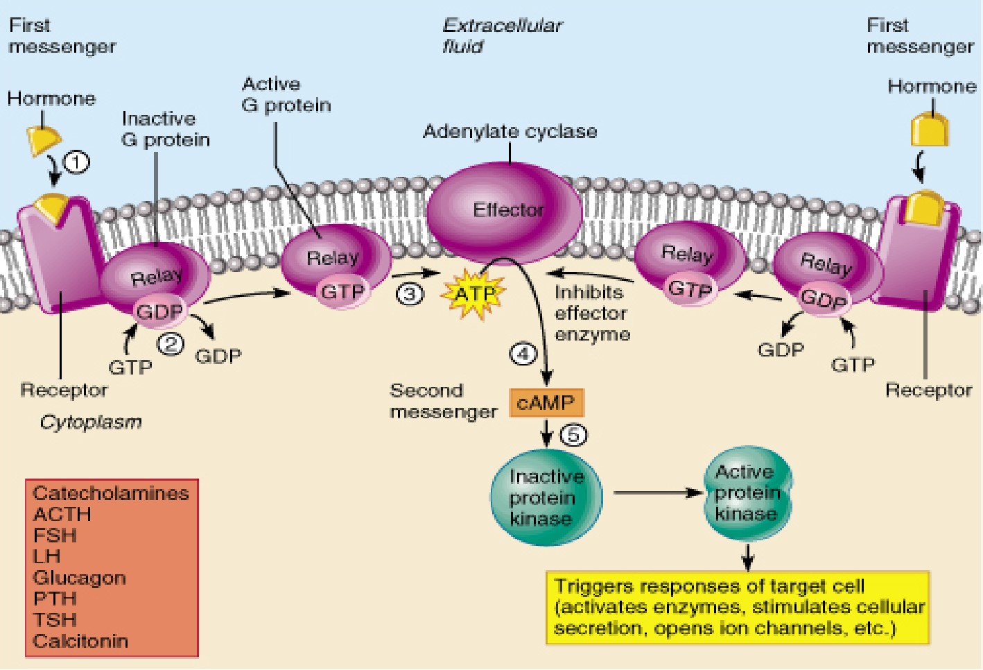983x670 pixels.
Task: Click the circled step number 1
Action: click(x=76, y=162)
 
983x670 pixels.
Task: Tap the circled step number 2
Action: click(x=171, y=343)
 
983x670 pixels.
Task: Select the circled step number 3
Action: click(x=410, y=294)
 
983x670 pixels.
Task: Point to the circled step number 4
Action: click(x=523, y=354)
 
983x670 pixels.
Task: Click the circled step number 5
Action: click(x=573, y=435)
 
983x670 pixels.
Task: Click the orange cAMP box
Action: click(x=546, y=402)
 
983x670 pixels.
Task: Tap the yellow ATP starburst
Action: click(x=476, y=295)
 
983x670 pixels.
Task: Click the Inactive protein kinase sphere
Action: click(x=546, y=497)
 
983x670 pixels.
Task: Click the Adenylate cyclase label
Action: click(x=510, y=131)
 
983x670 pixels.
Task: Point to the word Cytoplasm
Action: click(x=91, y=422)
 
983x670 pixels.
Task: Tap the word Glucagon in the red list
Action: click(x=80, y=578)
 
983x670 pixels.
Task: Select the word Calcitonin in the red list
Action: click(x=80, y=641)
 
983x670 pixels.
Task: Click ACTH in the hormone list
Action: click(x=62, y=515)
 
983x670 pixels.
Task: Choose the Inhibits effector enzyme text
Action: click(x=592, y=313)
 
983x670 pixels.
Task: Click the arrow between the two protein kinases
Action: click(x=657, y=493)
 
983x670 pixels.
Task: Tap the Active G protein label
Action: click(x=286, y=94)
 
